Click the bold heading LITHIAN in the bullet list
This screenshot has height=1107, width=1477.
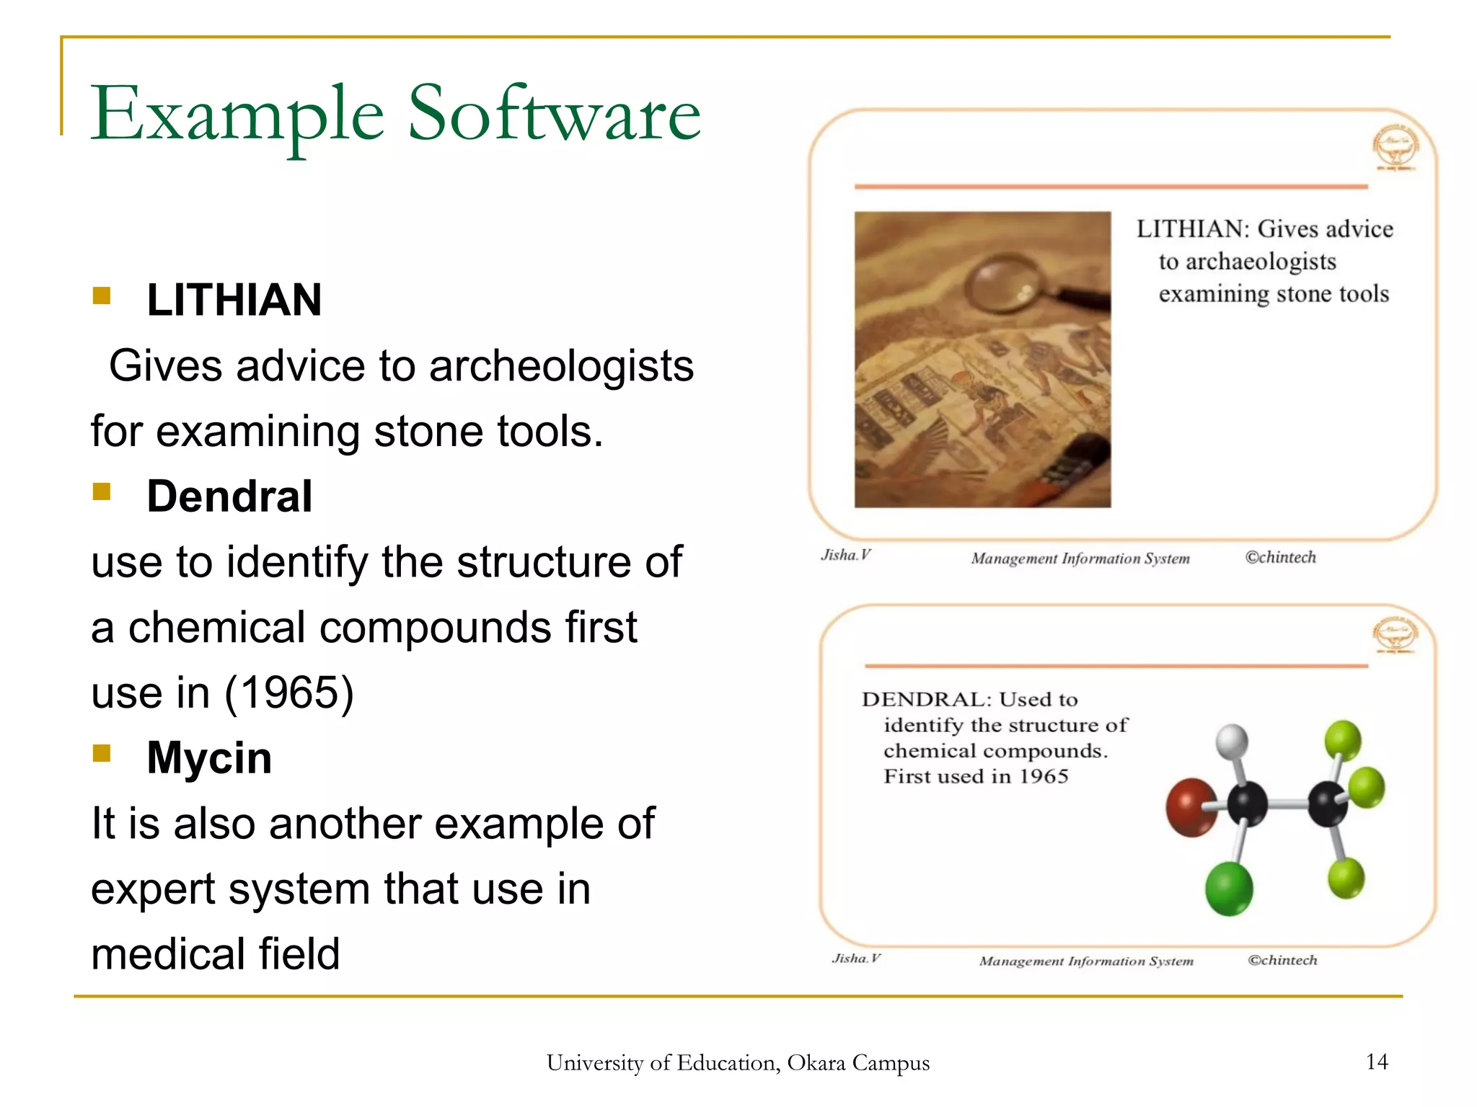234,300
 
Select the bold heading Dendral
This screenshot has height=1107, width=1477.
229,497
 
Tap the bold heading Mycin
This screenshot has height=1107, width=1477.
209,758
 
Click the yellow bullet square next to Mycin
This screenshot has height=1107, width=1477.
102,753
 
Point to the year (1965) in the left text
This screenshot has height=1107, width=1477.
289,693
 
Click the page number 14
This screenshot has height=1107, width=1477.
1376,1062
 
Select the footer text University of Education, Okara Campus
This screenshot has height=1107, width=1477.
738,1063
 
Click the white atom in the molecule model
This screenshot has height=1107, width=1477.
1232,742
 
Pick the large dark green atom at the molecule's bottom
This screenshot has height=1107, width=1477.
1229,889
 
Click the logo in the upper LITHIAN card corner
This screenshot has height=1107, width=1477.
1396,147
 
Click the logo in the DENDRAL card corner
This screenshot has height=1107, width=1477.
1395,635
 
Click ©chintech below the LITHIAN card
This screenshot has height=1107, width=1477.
1280,557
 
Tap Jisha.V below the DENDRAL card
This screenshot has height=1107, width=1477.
856,959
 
